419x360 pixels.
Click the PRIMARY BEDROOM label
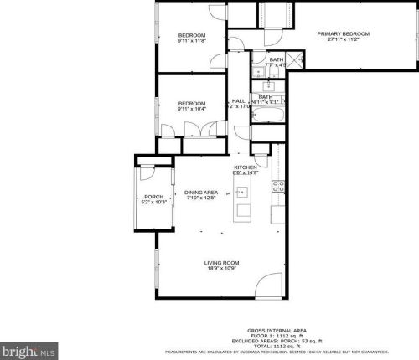[x=343, y=33]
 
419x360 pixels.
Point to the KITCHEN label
[x=245, y=167]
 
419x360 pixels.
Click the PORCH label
[x=154, y=197]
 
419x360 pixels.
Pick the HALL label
[x=239, y=100]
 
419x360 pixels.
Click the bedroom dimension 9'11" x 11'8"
[x=191, y=40]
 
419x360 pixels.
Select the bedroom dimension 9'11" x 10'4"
[x=191, y=109]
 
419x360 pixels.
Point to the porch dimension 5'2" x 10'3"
[x=154, y=202]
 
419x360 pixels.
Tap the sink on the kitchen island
[x=243, y=210]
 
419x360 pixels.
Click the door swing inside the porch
[x=147, y=175]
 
